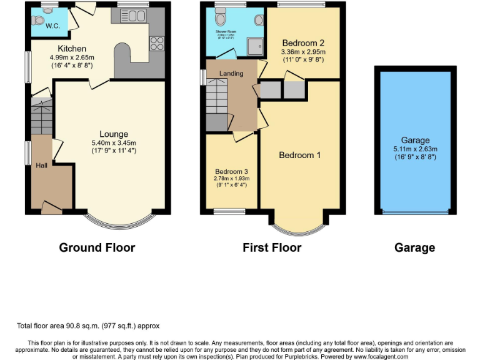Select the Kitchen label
[72, 49]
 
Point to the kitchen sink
[132, 16]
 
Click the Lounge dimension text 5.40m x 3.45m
[114, 142]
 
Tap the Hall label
[41, 165]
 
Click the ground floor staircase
[41, 119]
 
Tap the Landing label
[231, 74]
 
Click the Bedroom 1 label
[299, 155]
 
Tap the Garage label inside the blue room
[416, 141]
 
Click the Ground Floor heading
[97, 247]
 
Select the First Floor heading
[272, 247]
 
